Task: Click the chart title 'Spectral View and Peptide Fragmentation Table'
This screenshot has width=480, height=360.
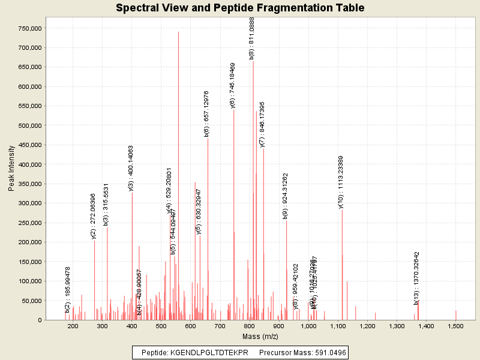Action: pos(240,8)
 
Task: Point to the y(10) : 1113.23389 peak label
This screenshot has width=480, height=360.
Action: pos(341,182)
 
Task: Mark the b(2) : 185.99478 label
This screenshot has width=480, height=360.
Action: pos(68,289)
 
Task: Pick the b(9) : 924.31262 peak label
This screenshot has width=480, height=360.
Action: pos(286,196)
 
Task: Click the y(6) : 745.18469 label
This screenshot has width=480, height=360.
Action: pos(233,85)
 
